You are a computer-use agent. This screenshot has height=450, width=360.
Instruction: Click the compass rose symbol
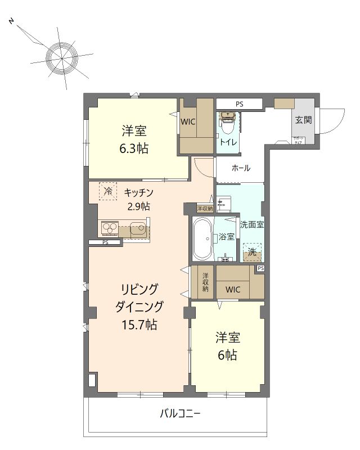point(60,57)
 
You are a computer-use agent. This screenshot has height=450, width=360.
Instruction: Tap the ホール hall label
point(241,168)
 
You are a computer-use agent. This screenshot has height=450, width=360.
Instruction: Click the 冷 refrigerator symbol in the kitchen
point(107,191)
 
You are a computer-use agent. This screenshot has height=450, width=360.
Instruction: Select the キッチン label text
point(139,192)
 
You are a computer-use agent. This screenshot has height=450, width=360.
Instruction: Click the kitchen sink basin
point(137,229)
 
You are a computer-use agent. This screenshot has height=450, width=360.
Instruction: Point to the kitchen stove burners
point(109,228)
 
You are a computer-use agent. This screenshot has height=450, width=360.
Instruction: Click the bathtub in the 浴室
point(201,238)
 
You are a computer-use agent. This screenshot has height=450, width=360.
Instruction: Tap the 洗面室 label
point(252,224)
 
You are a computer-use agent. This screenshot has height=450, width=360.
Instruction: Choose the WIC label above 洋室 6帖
point(232,290)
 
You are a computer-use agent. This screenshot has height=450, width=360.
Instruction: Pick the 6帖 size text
point(227,355)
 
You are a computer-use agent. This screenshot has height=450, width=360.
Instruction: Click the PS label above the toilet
point(240,104)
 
